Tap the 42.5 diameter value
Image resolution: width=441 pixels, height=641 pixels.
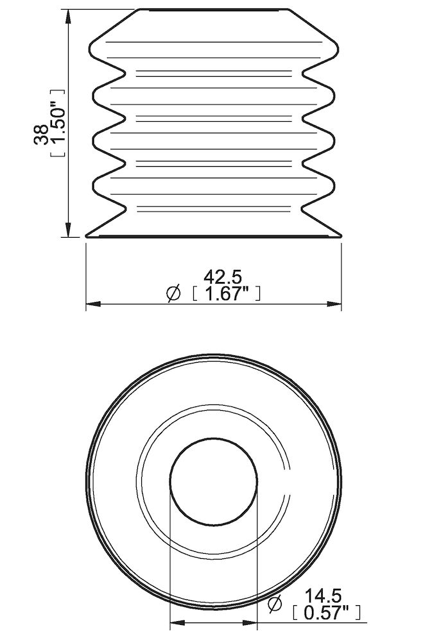(222, 277)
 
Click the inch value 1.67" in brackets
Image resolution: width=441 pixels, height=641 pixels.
(226, 294)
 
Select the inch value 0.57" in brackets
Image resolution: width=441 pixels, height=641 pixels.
(325, 613)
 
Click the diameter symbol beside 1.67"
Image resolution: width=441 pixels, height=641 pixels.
(173, 294)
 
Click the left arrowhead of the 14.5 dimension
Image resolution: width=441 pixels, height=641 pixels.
(175, 622)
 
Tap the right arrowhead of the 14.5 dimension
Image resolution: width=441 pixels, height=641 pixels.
(252, 622)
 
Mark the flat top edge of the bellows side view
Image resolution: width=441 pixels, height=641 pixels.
(213, 10)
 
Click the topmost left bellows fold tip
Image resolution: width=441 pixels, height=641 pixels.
(91, 47)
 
